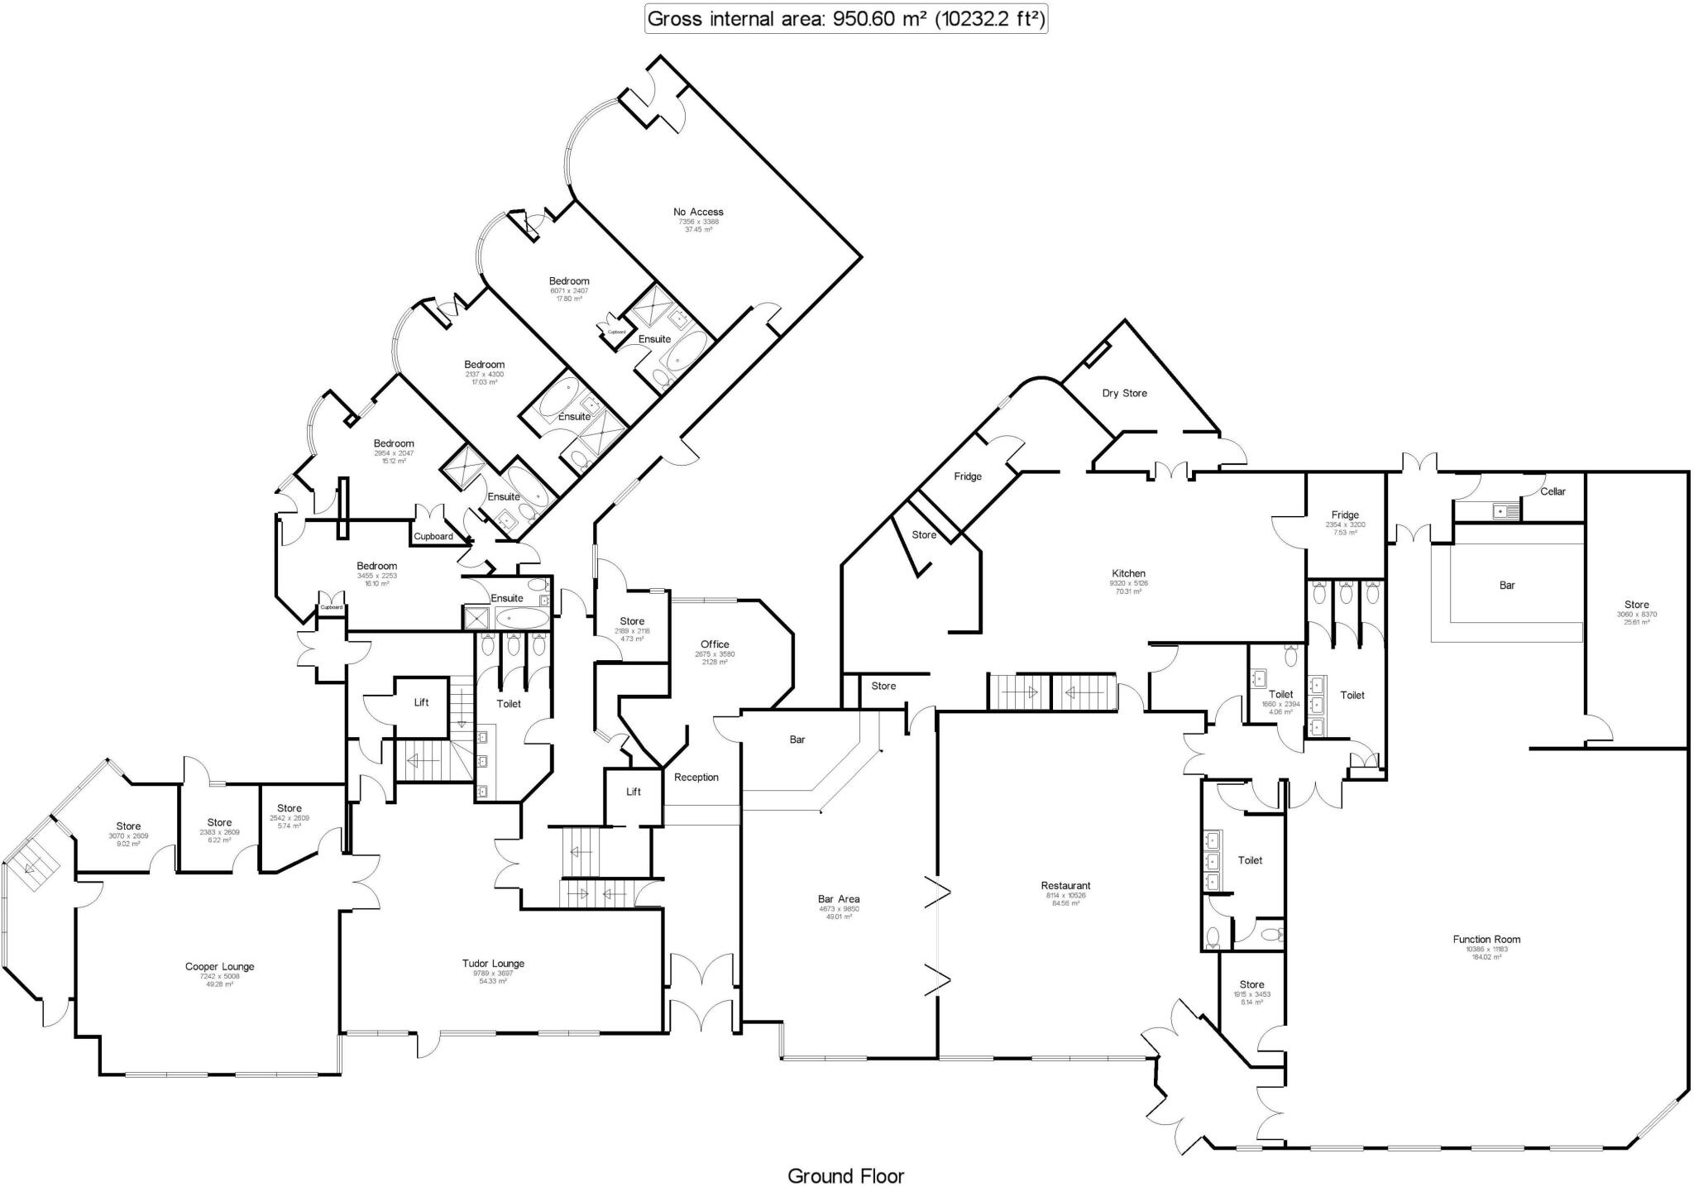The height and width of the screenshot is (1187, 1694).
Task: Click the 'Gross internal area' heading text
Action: (845, 19)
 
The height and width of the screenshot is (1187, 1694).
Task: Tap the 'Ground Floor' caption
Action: (845, 1175)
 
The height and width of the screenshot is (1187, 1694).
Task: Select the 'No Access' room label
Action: (698, 212)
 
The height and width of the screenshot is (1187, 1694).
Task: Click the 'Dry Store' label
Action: (1124, 393)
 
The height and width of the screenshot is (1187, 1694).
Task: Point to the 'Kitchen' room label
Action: (1128, 573)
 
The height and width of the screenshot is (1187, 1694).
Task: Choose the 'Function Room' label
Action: (1486, 939)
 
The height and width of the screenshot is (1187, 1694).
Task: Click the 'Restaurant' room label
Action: (1065, 885)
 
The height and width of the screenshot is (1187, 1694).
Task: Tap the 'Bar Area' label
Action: (839, 898)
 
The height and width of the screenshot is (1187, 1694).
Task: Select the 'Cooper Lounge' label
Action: (219, 966)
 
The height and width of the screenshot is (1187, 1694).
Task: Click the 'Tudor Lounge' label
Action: (493, 963)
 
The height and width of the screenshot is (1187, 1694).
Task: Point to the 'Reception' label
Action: (696, 777)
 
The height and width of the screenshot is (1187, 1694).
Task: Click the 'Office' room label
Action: (715, 644)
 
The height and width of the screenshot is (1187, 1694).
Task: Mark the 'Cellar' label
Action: (1553, 491)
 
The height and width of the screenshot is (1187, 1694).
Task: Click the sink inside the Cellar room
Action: (1505, 512)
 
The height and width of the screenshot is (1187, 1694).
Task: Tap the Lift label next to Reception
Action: (633, 792)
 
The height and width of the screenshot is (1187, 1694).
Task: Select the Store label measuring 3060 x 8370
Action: (1636, 605)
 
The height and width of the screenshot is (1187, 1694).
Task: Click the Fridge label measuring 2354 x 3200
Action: (1345, 515)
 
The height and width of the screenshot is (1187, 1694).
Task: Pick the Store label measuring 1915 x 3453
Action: (1251, 984)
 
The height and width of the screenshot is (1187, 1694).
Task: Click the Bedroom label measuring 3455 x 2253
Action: (376, 566)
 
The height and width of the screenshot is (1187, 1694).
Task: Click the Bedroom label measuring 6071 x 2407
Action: (569, 281)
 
